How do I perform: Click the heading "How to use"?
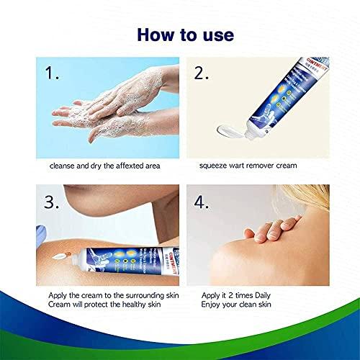pos(179,35)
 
